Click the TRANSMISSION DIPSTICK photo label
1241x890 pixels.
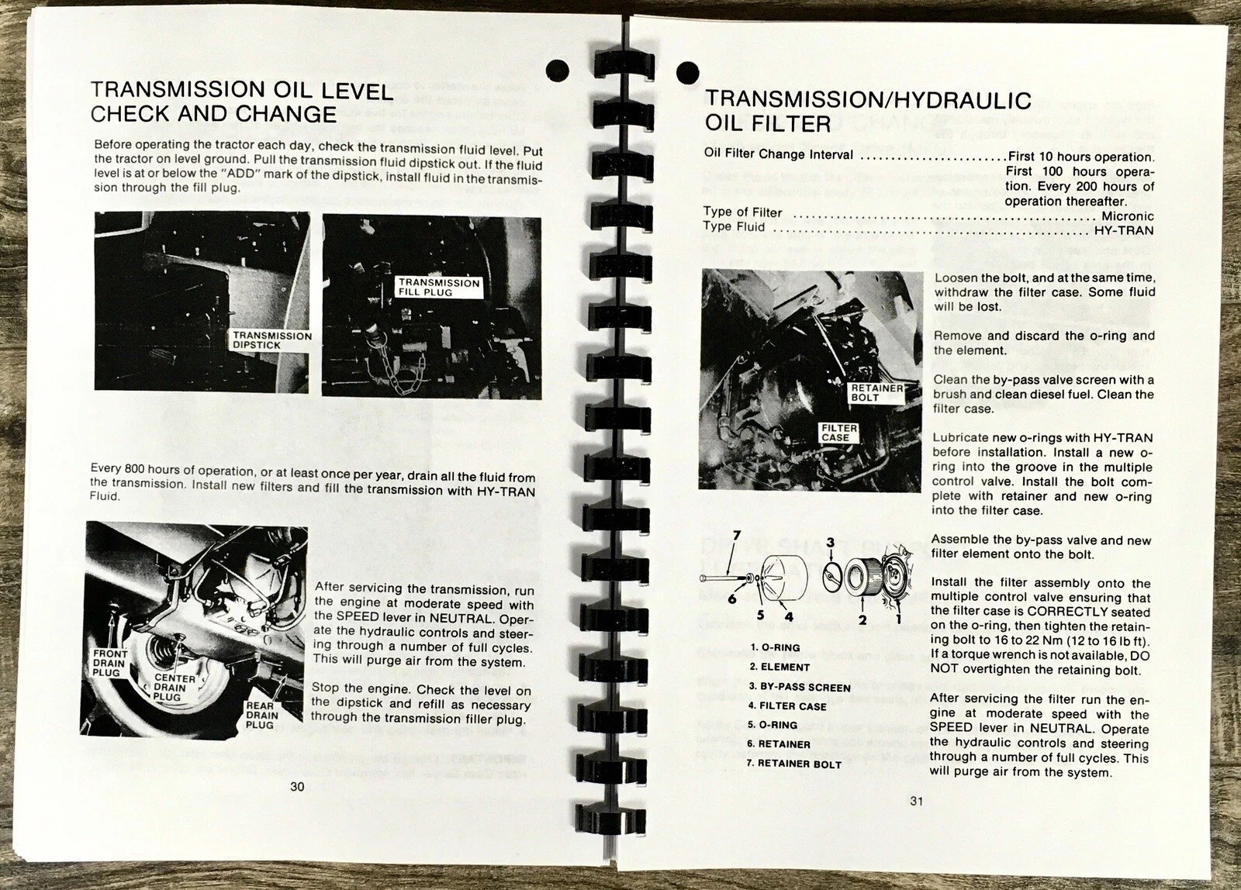click(271, 340)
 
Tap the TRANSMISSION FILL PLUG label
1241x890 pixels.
click(439, 288)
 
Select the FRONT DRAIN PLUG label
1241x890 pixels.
click(110, 663)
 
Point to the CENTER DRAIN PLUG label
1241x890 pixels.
click(174, 688)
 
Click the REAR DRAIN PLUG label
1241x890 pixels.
click(261, 715)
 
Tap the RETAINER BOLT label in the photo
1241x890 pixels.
click(876, 392)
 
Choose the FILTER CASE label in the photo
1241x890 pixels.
click(838, 433)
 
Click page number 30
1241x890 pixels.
click(297, 786)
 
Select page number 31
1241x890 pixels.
click(916, 800)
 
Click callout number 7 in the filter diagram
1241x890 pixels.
click(736, 536)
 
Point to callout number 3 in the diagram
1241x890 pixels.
click(830, 542)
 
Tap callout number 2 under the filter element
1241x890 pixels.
click(862, 619)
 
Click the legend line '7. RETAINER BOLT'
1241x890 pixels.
click(794, 764)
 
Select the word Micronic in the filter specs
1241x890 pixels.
click(1128, 216)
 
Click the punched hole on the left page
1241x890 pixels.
click(558, 71)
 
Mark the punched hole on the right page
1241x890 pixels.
click(687, 73)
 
